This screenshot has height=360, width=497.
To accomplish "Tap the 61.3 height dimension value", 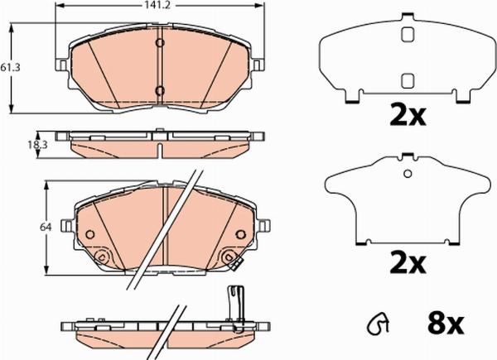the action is click(10, 67).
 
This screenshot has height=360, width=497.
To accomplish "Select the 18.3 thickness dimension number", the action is click(37, 145).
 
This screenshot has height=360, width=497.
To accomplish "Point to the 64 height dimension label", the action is click(46, 227).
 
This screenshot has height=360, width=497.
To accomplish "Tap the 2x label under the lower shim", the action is click(408, 262).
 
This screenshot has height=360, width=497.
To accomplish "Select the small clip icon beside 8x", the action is click(379, 324).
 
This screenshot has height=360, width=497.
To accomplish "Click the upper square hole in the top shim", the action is click(408, 35).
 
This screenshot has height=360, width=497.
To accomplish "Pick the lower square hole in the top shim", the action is click(408, 80).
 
